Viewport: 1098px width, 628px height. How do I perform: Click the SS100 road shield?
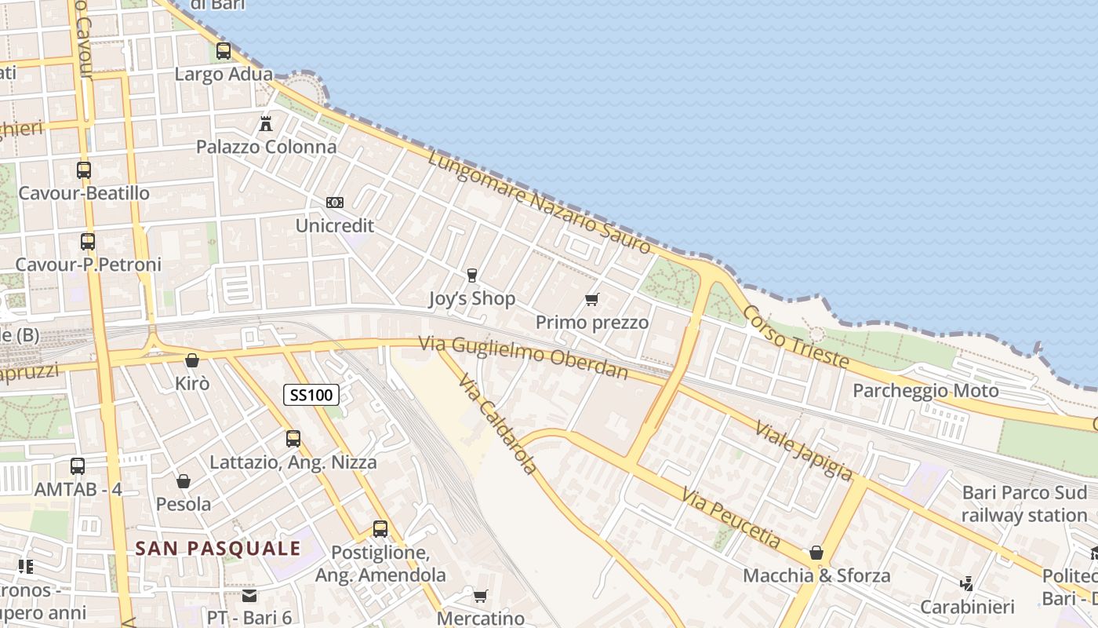click(x=311, y=395)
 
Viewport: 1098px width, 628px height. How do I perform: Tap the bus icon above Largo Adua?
click(x=224, y=51)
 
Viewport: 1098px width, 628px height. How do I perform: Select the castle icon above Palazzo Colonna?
click(x=266, y=123)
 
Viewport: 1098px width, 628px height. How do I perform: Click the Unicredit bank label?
click(x=335, y=226)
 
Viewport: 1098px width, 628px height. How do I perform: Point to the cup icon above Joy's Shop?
click(x=471, y=275)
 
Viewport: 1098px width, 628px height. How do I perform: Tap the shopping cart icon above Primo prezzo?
click(x=592, y=299)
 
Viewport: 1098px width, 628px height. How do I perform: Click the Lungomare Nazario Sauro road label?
click(x=540, y=202)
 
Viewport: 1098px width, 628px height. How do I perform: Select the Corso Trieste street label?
click(x=795, y=337)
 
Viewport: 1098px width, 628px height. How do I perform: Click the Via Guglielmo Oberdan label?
click(x=523, y=357)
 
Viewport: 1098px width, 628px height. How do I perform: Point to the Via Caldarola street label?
click(x=498, y=424)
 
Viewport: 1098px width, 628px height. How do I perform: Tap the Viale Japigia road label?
click(x=803, y=450)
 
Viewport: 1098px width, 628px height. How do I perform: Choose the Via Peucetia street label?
click(x=731, y=518)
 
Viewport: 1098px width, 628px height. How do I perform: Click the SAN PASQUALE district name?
click(x=218, y=548)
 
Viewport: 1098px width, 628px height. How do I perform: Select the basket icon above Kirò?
click(x=191, y=360)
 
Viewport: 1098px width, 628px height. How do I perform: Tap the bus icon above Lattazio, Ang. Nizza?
click(x=293, y=438)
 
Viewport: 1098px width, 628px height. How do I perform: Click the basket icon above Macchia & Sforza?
click(x=816, y=552)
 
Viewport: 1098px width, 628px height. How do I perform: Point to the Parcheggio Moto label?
click(x=925, y=390)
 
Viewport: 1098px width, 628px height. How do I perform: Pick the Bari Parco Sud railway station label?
click(x=1024, y=504)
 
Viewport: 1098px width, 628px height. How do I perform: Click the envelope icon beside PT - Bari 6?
click(x=249, y=596)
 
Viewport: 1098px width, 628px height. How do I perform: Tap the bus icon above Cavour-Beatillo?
click(x=84, y=170)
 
